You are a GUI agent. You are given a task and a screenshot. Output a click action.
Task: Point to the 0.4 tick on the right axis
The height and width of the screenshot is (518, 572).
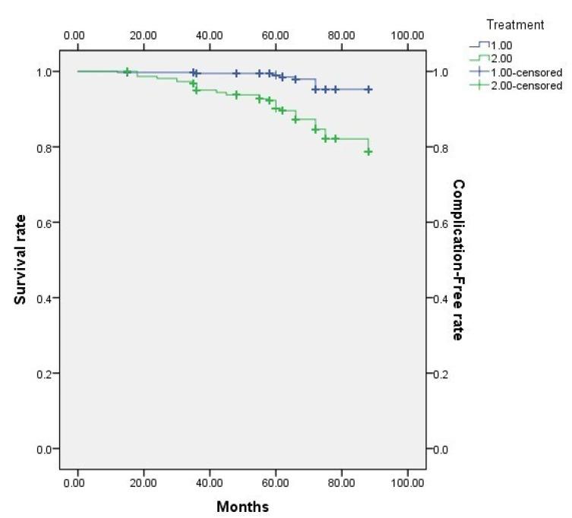click(x=442, y=298)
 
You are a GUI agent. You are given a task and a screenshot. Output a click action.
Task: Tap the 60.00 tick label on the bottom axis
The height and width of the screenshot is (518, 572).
click(x=275, y=482)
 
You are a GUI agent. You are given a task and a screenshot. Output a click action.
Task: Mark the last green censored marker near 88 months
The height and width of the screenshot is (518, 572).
click(x=368, y=152)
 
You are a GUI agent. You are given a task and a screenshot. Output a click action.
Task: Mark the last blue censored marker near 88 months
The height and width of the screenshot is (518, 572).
click(x=368, y=90)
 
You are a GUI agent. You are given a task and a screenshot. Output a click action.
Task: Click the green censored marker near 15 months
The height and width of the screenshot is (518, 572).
click(x=127, y=71)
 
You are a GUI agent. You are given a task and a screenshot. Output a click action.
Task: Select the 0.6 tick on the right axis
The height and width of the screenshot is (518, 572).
click(x=442, y=223)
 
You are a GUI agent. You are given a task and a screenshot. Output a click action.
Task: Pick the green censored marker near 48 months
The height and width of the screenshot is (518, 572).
click(x=236, y=95)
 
